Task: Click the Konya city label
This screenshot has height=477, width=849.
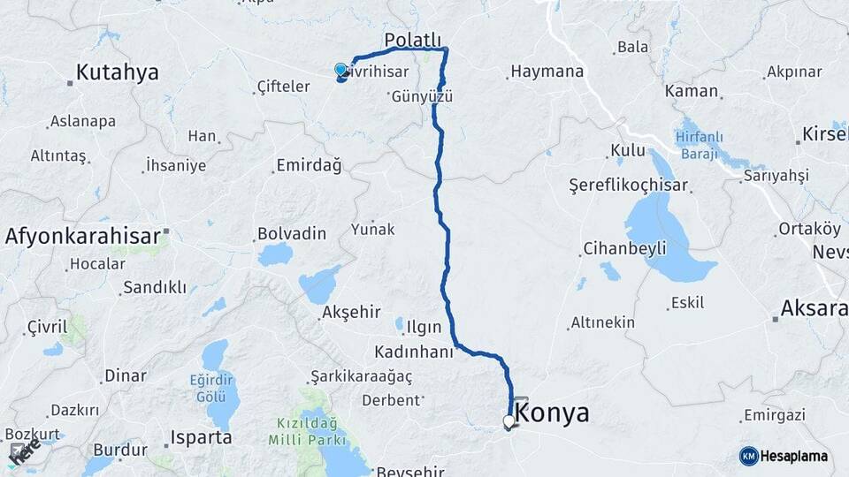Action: click(x=551, y=413)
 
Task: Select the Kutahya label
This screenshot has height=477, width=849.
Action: click(x=117, y=72)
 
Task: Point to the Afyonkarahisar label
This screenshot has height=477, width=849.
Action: click(x=82, y=236)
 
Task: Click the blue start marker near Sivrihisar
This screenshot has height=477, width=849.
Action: click(x=340, y=70)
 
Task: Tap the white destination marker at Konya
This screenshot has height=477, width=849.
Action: click(x=509, y=422)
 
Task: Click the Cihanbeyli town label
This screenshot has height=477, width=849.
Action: click(x=624, y=248)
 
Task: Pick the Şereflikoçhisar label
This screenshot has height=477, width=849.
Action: click(x=629, y=186)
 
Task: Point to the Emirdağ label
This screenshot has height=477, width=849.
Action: click(x=309, y=166)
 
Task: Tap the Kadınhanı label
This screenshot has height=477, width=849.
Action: click(x=413, y=352)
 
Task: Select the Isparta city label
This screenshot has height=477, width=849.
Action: click(x=202, y=437)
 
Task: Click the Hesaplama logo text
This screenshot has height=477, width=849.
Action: click(x=794, y=456)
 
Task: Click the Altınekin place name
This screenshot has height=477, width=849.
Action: click(x=602, y=322)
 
